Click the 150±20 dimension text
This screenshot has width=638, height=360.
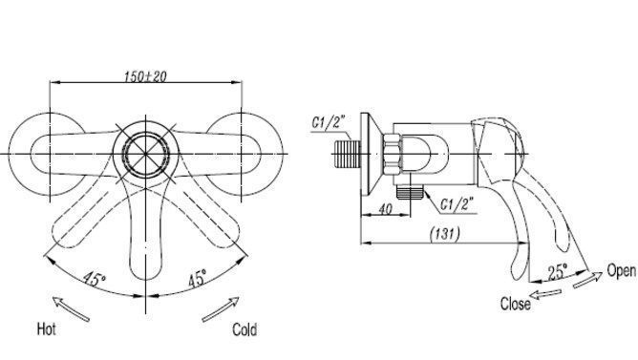point(145,76)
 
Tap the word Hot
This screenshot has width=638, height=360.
point(47,328)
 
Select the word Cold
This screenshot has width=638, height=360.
point(245,329)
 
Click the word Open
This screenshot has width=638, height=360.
point(621,270)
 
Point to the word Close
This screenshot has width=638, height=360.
point(516,304)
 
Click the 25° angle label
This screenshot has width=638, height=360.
point(557,272)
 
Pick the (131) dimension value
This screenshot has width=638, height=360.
point(445,234)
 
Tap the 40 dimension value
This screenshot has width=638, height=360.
point(385,209)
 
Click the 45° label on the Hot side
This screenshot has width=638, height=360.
point(95,279)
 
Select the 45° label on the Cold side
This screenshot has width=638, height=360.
point(197,278)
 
